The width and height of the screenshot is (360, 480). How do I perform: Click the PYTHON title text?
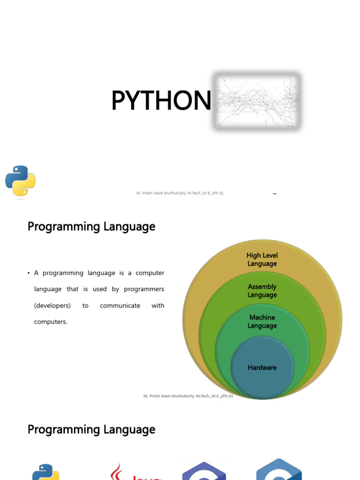pyautogui.click(x=161, y=101)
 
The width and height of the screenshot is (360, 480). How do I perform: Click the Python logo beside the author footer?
pyautogui.click(x=20, y=181)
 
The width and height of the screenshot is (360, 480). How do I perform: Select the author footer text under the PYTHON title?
pyautogui.click(x=180, y=193)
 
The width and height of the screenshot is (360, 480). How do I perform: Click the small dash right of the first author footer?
pyautogui.click(x=274, y=193)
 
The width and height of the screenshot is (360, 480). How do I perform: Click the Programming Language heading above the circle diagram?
pyautogui.click(x=91, y=227)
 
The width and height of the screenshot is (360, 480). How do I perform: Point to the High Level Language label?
pyautogui.click(x=262, y=260)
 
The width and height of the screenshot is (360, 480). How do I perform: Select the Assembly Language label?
pyautogui.click(x=262, y=291)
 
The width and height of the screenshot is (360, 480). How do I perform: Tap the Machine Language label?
pyautogui.click(x=262, y=322)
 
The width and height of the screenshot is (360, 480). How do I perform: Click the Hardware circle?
pyautogui.click(x=262, y=368)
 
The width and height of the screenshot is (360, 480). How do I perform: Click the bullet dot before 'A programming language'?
pyautogui.click(x=29, y=273)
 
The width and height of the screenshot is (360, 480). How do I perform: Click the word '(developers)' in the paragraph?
pyautogui.click(x=52, y=306)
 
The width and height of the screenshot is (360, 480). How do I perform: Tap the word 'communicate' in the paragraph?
pyautogui.click(x=120, y=306)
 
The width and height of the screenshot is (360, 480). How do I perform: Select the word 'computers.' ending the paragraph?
pyautogui.click(x=51, y=322)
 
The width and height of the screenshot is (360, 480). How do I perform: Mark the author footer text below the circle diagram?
pyautogui.click(x=188, y=396)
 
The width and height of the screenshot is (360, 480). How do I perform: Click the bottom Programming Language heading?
pyautogui.click(x=91, y=429)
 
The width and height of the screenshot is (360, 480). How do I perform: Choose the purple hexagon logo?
pyautogui.click(x=204, y=471)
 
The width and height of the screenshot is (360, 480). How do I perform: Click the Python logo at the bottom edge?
pyautogui.click(x=45, y=472)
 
